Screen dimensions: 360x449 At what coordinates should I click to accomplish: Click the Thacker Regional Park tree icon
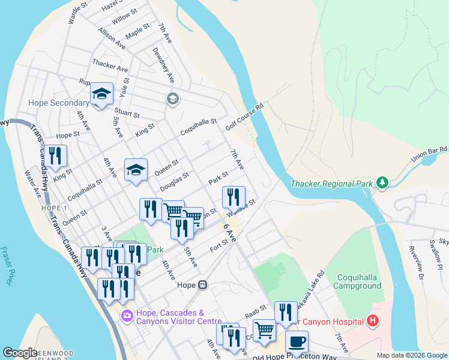(381, 182)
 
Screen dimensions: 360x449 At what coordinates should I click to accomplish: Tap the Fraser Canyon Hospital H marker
(373, 321)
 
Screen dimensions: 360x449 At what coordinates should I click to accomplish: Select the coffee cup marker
(297, 342)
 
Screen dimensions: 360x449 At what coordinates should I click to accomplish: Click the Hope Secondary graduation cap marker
(102, 95)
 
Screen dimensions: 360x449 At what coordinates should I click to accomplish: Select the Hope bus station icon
(202, 285)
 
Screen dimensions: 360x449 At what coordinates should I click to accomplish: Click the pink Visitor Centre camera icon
(127, 315)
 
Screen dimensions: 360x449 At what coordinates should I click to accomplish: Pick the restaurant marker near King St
(55, 156)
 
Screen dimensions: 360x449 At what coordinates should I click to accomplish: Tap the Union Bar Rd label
(429, 154)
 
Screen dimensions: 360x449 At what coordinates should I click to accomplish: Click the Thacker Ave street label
(110, 63)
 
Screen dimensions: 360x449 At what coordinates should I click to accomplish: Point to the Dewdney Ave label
(163, 65)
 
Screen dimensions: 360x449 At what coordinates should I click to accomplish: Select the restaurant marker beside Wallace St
(234, 197)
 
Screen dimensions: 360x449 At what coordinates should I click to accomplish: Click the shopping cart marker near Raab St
(264, 330)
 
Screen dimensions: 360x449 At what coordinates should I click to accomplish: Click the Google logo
(20, 353)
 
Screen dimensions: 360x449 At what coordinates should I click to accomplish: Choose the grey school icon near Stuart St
(173, 99)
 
